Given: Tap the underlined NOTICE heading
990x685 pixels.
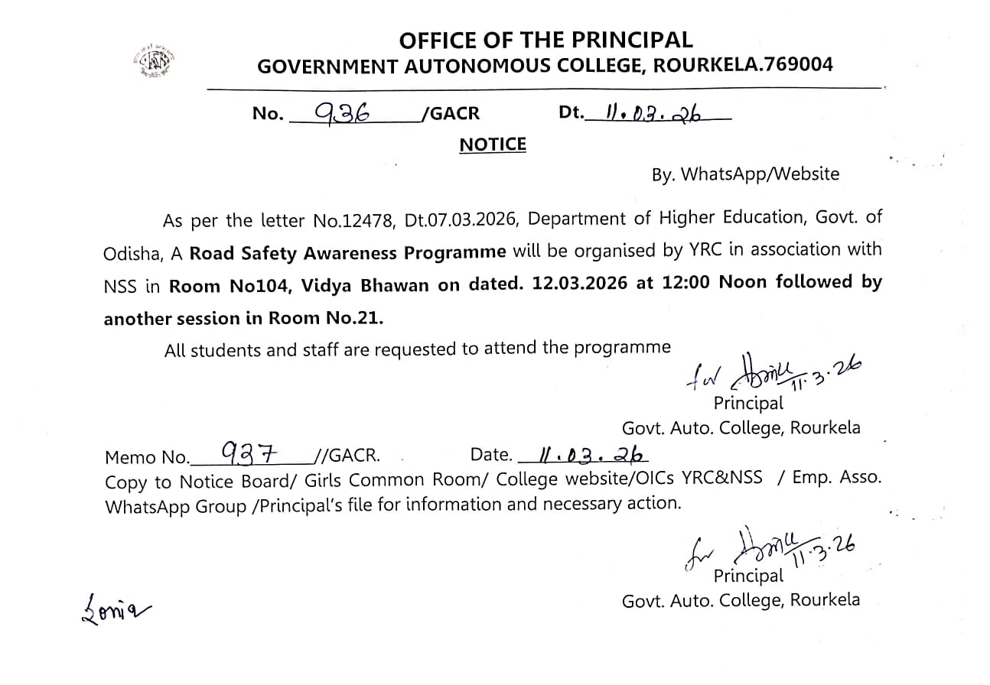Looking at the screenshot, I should point(493,144).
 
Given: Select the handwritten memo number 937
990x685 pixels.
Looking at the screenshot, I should point(247,453).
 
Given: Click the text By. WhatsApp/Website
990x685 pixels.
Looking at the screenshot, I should point(745,174).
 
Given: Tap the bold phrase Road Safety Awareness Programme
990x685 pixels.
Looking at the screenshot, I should point(348,253).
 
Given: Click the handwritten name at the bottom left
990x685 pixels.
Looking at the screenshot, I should point(116,610).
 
